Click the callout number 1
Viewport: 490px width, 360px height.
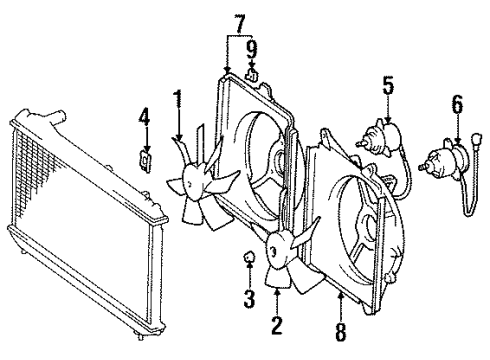[177, 99]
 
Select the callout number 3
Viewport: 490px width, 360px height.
[249, 297]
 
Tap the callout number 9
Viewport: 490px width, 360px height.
[252, 47]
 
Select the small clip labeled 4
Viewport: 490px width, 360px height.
[146, 159]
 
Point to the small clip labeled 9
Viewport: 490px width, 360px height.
[254, 73]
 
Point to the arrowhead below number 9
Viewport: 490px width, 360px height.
[252, 65]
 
